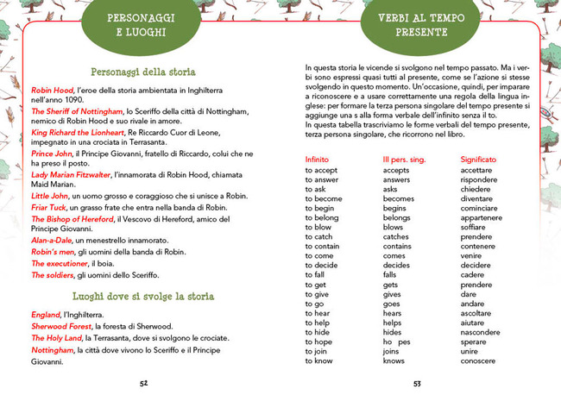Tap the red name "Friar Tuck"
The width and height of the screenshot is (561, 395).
pos(52,208)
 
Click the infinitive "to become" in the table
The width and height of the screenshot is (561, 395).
pos(325,198)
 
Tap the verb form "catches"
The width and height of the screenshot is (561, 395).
pos(396,236)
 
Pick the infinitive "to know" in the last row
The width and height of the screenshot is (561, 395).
pos(320,361)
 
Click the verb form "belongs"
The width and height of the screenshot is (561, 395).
pos(397,217)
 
